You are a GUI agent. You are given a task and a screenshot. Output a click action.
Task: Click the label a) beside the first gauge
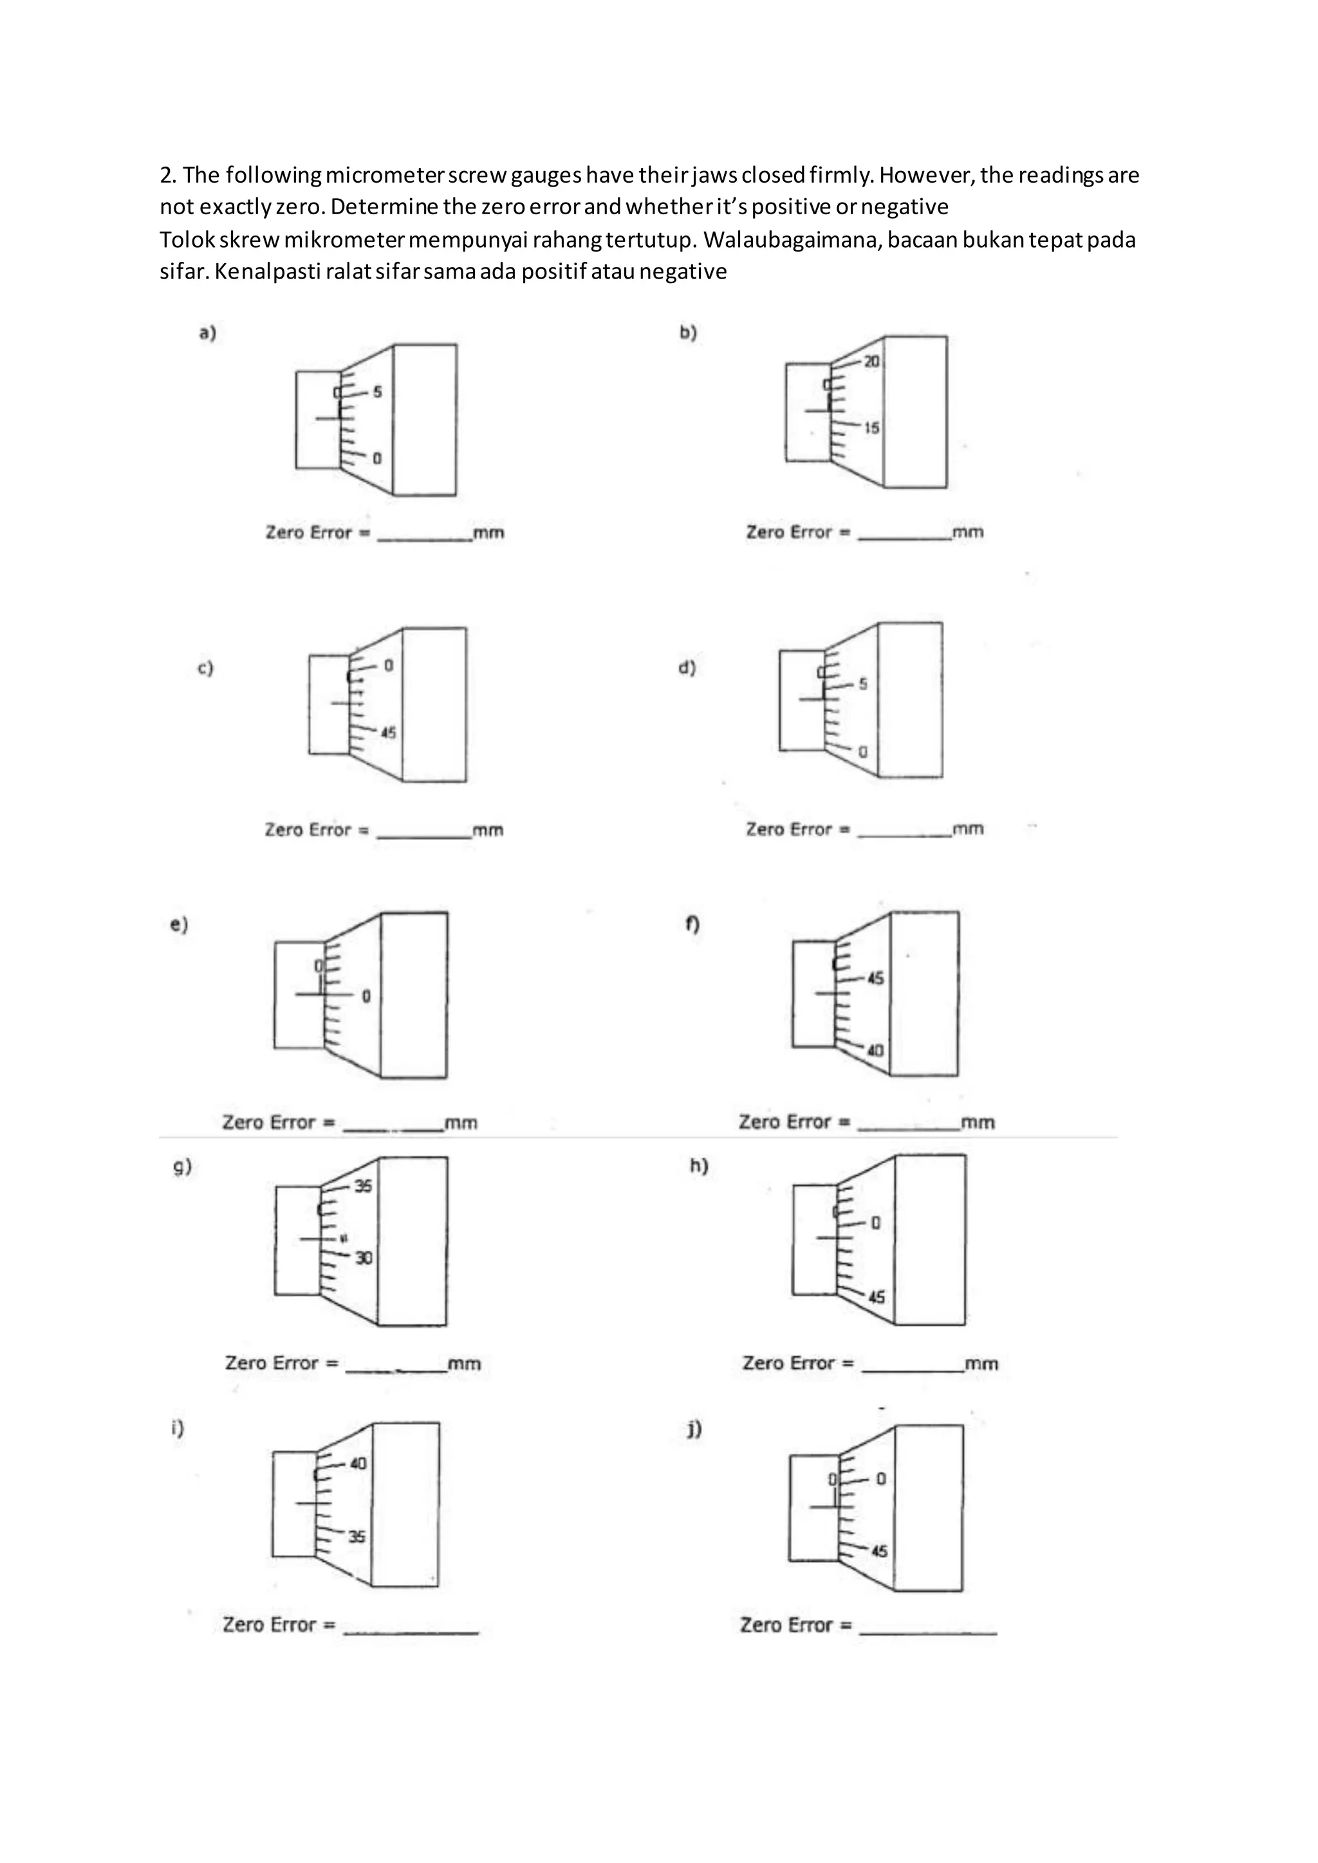coord(208,333)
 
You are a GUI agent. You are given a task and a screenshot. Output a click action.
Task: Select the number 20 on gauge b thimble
coord(871,362)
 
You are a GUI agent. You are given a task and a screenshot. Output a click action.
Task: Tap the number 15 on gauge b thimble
coord(871,428)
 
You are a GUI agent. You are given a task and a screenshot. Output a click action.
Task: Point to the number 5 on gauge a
coord(377,392)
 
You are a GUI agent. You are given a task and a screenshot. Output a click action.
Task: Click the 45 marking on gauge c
coord(389,733)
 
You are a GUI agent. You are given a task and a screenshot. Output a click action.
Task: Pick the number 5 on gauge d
coord(863,684)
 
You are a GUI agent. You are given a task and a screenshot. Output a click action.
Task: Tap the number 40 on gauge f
coord(875,1051)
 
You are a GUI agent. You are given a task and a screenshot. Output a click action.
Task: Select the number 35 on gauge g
coord(363,1186)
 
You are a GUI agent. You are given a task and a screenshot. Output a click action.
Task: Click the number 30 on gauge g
coord(364,1258)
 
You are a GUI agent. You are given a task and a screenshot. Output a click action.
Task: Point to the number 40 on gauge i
coord(358,1464)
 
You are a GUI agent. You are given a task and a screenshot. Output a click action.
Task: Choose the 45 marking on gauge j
coord(879,1552)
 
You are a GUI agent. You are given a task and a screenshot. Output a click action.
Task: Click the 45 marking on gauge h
coord(877,1297)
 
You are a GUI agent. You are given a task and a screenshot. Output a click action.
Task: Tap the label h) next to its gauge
coord(699,1166)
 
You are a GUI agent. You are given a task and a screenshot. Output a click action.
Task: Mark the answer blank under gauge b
coord(904,534)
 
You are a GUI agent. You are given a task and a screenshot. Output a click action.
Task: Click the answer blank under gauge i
coord(411,1627)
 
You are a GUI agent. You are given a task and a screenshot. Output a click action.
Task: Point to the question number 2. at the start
coord(168,175)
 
